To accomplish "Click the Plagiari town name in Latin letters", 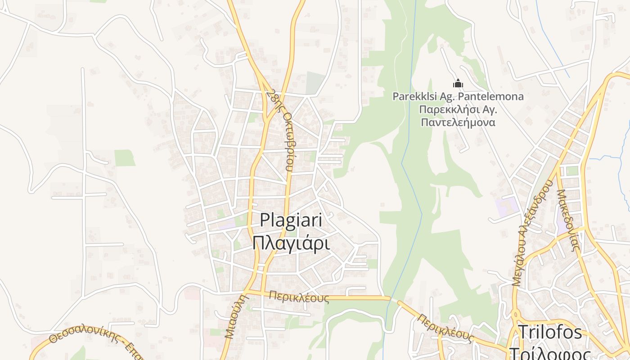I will point(291,220).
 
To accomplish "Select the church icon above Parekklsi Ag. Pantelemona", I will point(458,83).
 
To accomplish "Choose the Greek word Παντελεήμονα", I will point(458,122).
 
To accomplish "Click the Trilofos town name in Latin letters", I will point(550,333).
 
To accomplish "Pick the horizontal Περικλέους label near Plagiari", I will point(299,297).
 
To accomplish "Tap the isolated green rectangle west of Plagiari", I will point(125,158).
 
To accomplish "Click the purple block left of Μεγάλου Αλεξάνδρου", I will point(507,206).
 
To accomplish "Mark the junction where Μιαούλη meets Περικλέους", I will point(248,292).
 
